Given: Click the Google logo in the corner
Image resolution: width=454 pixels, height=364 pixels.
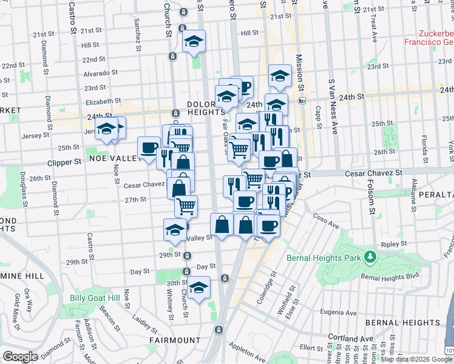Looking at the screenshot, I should [21, 356].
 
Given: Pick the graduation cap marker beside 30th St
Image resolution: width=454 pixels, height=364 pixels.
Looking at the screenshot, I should [197, 288].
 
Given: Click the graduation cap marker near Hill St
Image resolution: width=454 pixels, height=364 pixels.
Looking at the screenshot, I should [194, 41].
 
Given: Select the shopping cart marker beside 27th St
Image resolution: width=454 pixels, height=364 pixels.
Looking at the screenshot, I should [186, 206].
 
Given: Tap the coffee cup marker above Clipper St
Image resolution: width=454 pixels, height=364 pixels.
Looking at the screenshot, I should [149, 147].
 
